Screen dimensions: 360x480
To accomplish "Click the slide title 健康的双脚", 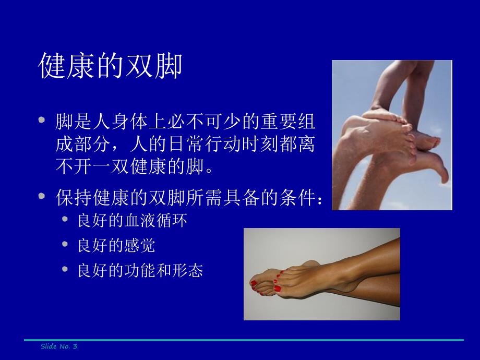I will (x=111, y=66).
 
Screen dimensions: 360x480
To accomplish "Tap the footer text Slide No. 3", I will (x=59, y=346).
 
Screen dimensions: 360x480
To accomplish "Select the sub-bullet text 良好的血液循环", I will (x=133, y=221).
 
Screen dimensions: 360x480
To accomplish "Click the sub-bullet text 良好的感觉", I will (x=116, y=246).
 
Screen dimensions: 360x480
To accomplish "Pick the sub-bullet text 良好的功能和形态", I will (x=140, y=271).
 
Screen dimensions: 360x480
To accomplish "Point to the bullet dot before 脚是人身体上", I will (x=42, y=120).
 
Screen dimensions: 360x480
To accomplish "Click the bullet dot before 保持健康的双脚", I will (x=42, y=196).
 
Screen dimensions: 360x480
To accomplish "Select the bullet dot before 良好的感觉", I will (x=65, y=244).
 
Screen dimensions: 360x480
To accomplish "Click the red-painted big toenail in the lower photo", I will (x=277, y=287).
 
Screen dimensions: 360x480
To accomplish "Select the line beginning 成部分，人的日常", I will (x=185, y=144).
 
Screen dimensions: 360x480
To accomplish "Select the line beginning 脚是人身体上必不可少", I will (x=185, y=122).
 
